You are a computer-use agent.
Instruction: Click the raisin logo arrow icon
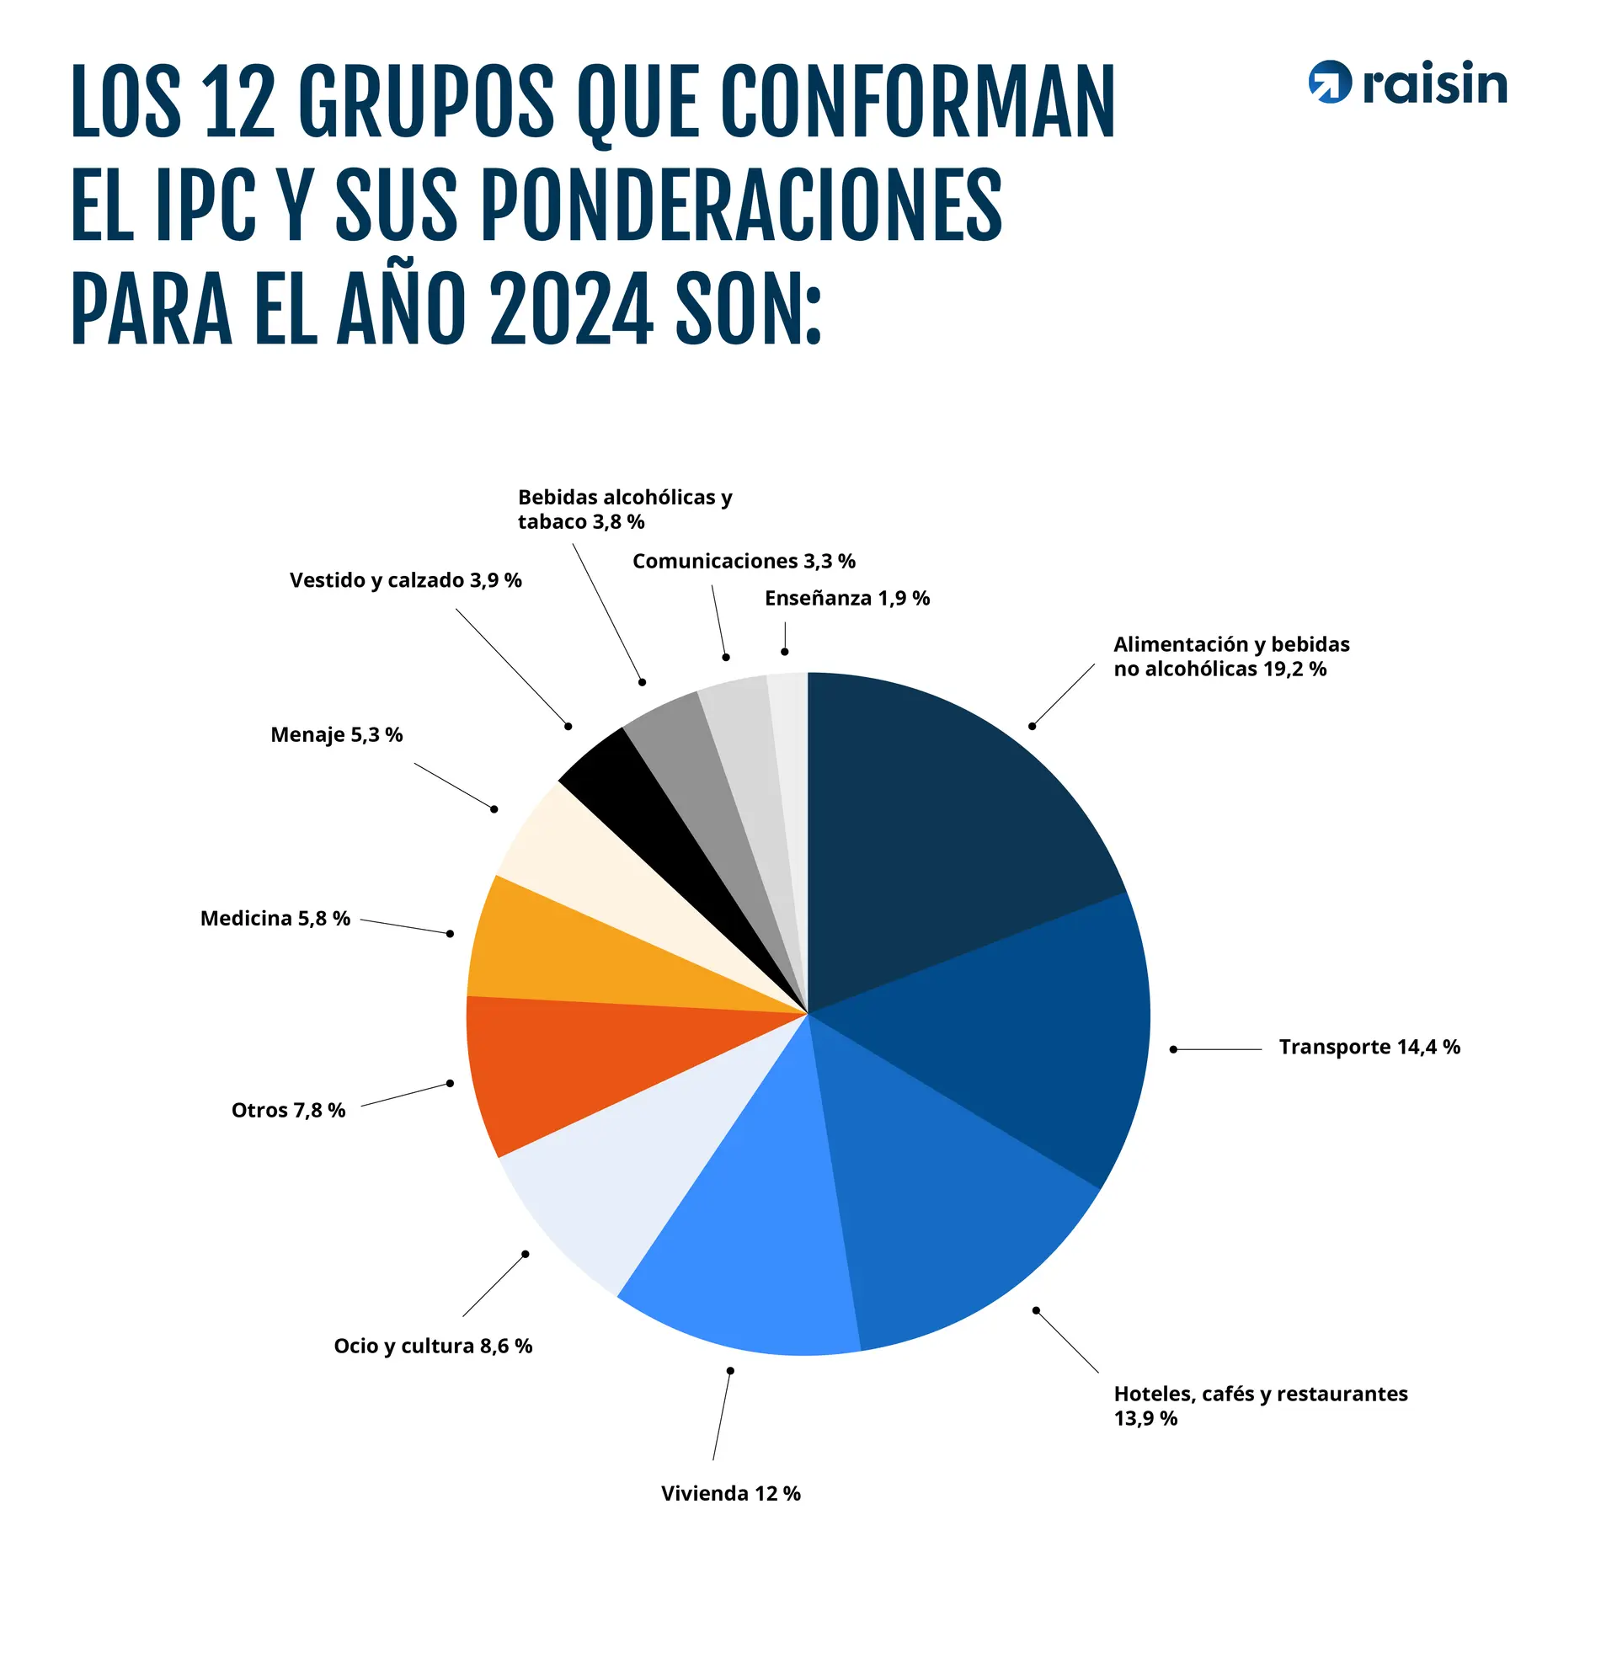1329,83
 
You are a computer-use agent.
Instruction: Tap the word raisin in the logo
1434,84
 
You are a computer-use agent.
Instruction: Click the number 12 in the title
238,103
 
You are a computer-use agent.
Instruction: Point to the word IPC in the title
205,205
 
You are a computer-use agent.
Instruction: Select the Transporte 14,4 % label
1369,1047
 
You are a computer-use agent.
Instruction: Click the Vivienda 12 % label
730,1493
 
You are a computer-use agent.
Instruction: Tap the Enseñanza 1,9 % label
846,599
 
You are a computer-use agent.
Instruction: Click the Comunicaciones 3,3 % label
743,561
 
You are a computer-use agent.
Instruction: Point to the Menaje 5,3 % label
336,734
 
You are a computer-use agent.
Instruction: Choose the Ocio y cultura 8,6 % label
432,1346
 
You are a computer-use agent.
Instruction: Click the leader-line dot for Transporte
1173,1049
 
